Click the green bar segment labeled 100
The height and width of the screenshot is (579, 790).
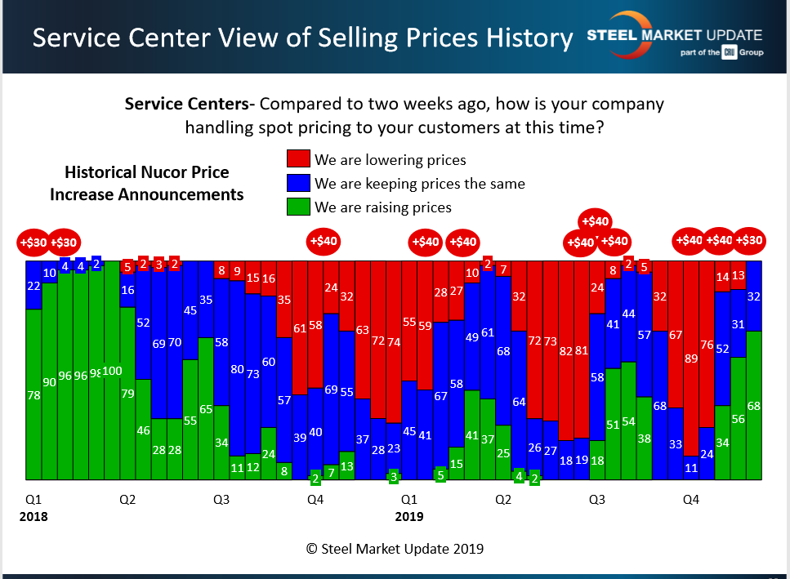pyautogui.click(x=112, y=372)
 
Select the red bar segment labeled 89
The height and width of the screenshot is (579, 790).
pyautogui.click(x=691, y=358)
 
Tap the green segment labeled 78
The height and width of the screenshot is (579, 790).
pyautogui.click(x=33, y=394)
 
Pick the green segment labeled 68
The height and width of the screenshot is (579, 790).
pyautogui.click(x=754, y=405)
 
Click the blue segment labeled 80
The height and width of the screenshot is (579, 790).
pyautogui.click(x=237, y=368)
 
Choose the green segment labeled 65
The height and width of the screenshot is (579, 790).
pyautogui.click(x=206, y=408)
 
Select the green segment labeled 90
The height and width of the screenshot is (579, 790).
pyautogui.click(x=49, y=381)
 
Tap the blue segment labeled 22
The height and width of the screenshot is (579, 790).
pyautogui.click(x=33, y=285)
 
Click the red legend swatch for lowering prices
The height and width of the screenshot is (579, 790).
pyautogui.click(x=298, y=159)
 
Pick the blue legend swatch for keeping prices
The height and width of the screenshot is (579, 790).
pyautogui.click(x=298, y=183)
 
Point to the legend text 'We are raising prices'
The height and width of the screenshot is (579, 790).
pyautogui.click(x=382, y=207)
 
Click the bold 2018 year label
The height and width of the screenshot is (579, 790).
pyautogui.click(x=33, y=516)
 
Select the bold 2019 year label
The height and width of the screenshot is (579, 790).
pyautogui.click(x=409, y=516)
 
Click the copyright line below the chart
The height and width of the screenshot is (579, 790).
pyautogui.click(x=395, y=549)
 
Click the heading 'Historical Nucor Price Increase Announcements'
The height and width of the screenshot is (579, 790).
pyautogui.click(x=147, y=183)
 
